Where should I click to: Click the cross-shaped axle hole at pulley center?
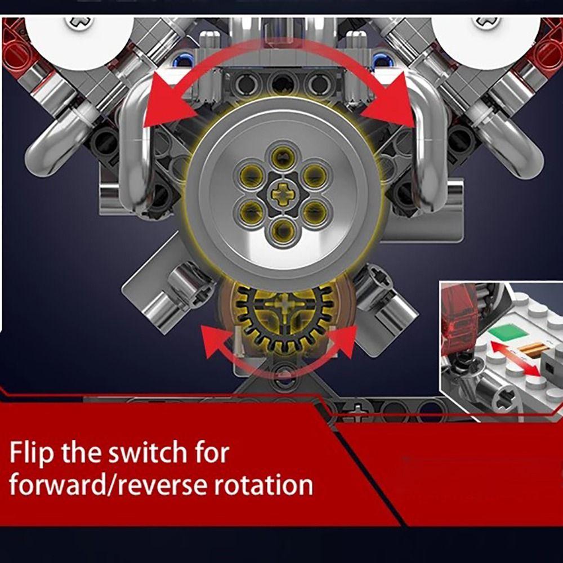click(282, 195)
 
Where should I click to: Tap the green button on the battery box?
click(508, 332)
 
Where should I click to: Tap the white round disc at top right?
click(479, 37)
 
